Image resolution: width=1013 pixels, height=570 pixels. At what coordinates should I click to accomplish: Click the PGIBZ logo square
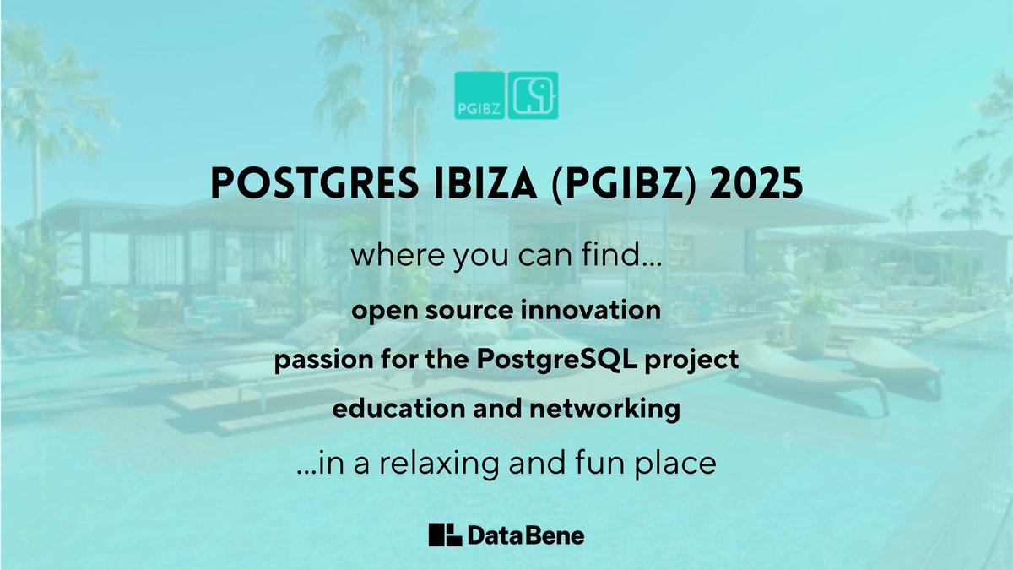tap(479, 95)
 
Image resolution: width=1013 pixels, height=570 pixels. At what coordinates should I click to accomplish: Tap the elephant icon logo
tap(533, 95)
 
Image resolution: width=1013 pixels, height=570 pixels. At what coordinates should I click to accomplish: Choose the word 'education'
tap(385, 410)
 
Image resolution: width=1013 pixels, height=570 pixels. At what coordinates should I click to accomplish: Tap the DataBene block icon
tap(445, 535)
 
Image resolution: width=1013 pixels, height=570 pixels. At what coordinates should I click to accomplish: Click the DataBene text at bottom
tap(525, 535)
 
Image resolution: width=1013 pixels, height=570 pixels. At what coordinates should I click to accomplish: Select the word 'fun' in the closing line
tap(591, 463)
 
